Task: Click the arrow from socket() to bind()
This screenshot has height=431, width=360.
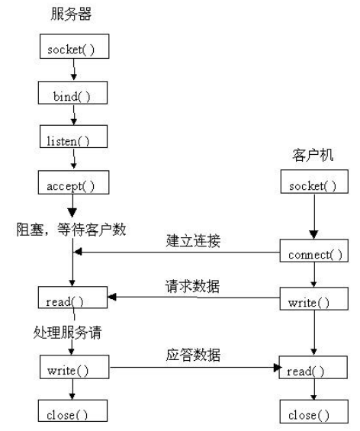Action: tap(73, 72)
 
